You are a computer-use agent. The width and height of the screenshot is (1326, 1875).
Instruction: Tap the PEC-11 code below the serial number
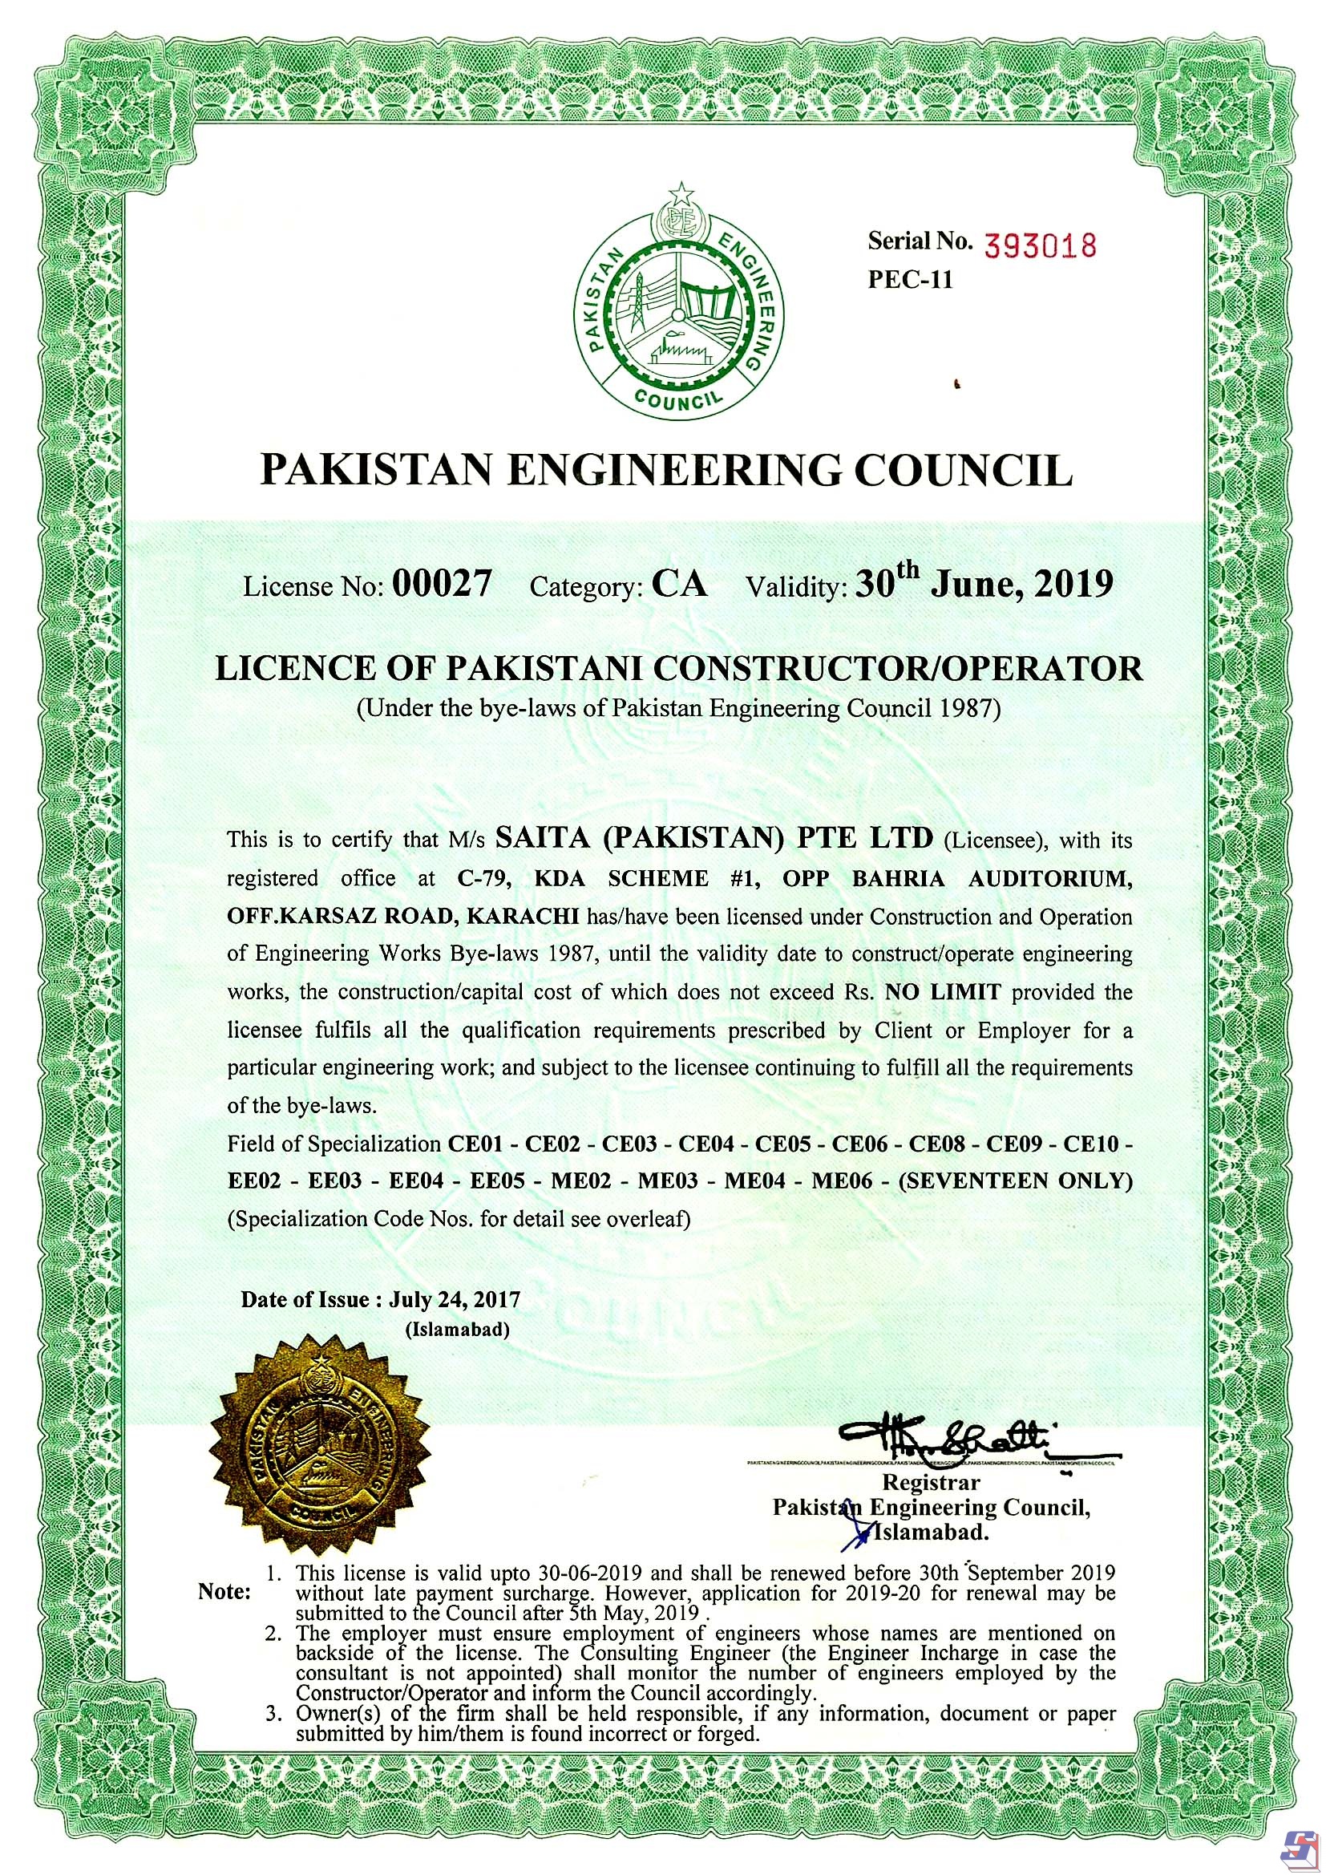[910, 279]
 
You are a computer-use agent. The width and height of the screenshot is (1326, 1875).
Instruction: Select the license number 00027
[442, 585]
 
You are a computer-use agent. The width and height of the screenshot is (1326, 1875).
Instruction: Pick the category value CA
[679, 585]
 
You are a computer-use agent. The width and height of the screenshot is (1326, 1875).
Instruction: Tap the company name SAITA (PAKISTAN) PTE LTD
[714, 838]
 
